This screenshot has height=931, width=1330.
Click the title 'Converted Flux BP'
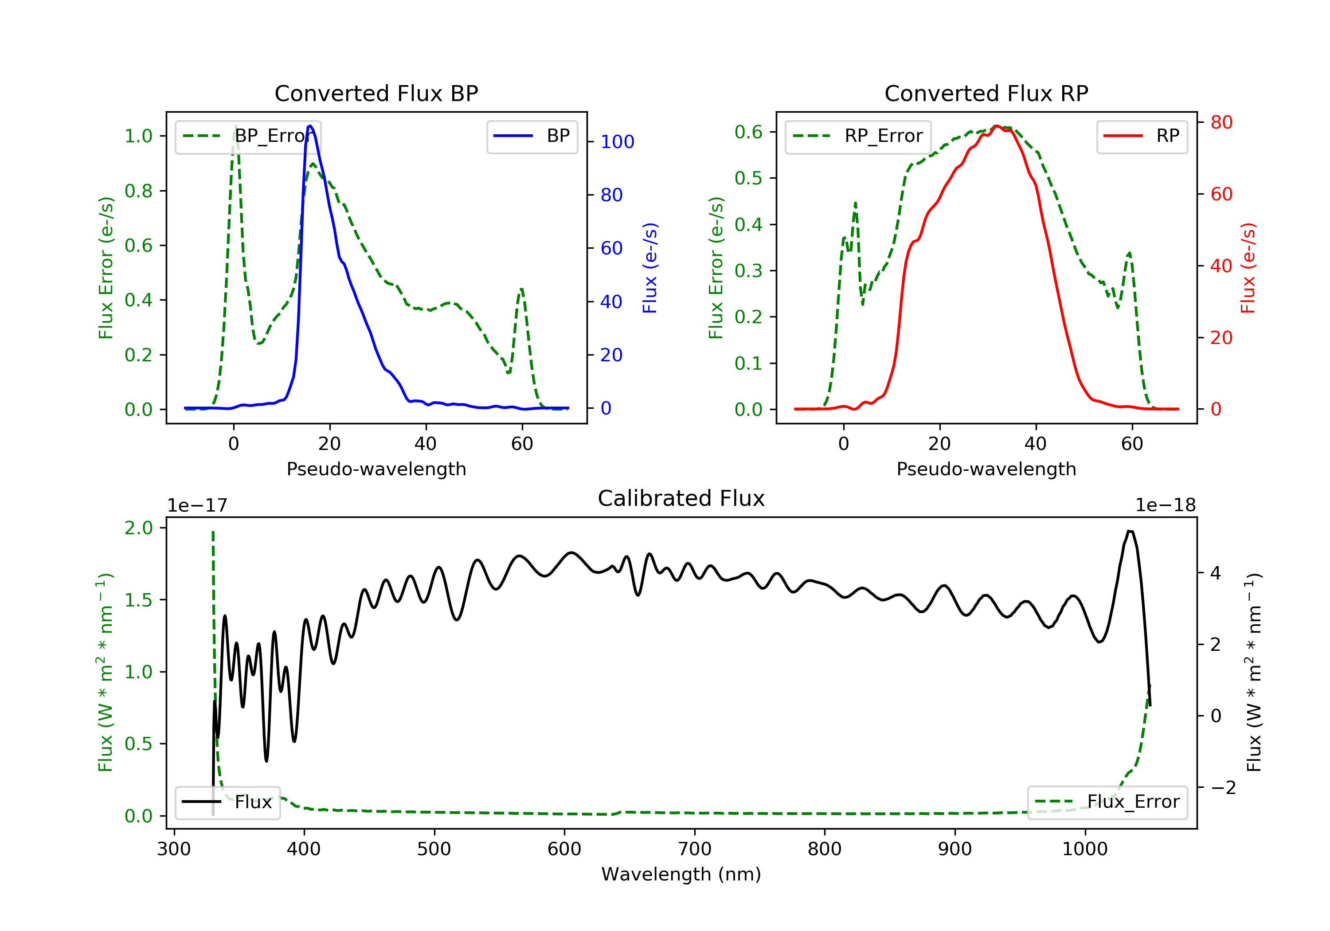(x=376, y=93)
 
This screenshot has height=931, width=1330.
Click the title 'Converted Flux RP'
(x=986, y=93)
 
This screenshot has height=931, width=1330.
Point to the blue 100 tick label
(x=617, y=142)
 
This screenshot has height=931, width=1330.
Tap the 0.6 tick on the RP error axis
(x=748, y=132)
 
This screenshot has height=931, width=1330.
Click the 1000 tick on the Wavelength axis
(x=1084, y=849)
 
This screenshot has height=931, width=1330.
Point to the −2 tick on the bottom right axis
(x=1223, y=788)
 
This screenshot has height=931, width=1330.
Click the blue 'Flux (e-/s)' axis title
(x=650, y=268)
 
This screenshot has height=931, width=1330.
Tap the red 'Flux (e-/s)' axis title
(x=1247, y=268)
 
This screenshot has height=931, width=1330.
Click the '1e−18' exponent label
(x=1165, y=505)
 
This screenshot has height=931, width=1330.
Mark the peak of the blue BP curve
(x=310, y=126)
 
